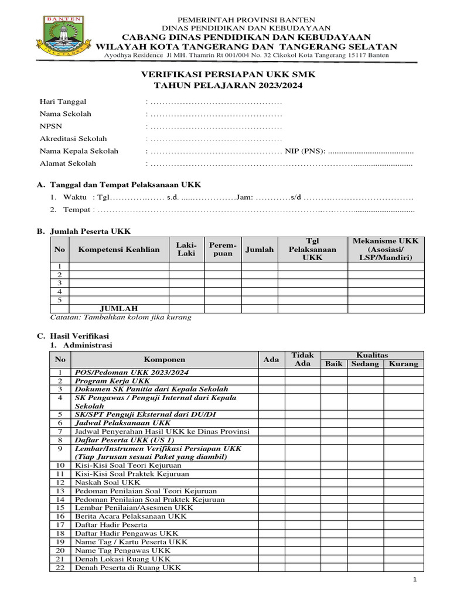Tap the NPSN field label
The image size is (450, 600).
51,126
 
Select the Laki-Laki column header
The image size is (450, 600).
186,249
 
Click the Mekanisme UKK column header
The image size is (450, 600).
386,249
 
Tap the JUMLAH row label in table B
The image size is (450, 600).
118,308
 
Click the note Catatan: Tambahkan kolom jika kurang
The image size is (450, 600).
121,318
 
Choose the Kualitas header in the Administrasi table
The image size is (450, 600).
372,355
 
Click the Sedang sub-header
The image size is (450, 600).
365,364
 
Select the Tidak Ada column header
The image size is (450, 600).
302,359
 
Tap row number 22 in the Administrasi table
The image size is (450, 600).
60,567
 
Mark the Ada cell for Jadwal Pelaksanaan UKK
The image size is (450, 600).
271,422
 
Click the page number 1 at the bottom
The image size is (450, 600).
414,580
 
